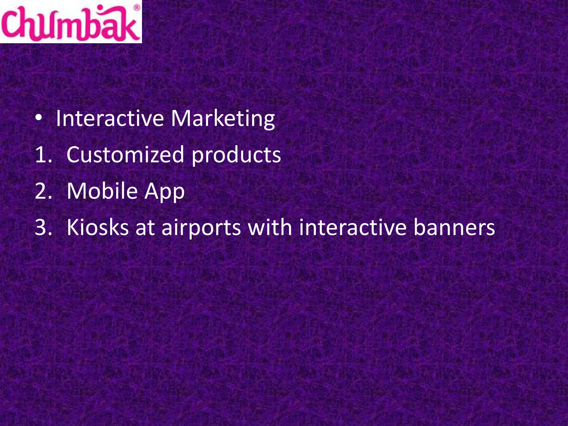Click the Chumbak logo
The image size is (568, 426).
tap(71, 22)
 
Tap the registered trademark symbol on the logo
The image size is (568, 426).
tap(137, 8)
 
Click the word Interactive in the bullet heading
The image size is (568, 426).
tap(110, 119)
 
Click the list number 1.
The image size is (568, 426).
tap(43, 155)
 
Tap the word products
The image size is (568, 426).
tap(236, 155)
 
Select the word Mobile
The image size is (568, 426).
tap(102, 191)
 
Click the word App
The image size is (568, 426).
tap(164, 192)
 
